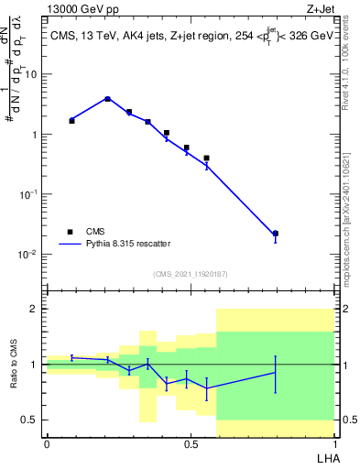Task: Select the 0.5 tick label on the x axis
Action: point(191,443)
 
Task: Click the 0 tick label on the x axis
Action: point(47,443)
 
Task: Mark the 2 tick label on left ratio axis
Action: point(33,310)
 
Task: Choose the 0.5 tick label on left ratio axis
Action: point(29,420)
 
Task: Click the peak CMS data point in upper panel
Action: point(108,99)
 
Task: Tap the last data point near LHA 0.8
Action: point(276,234)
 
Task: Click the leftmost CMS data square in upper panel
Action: point(71,120)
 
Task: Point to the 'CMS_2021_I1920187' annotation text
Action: point(191,274)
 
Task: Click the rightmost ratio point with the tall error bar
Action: point(276,372)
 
